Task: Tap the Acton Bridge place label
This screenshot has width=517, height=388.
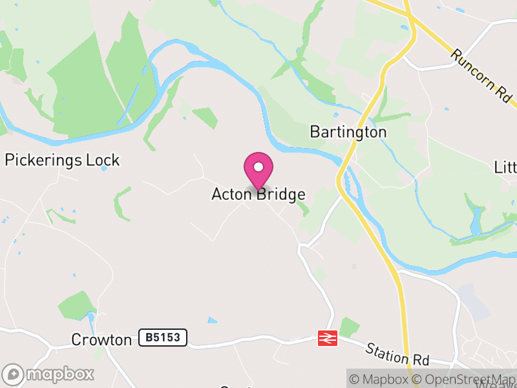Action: pos(258,195)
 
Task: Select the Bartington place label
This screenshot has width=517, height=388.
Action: pos(348,133)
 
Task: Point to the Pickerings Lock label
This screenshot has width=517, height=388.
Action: pos(63,160)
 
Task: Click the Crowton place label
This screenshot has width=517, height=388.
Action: pos(101,339)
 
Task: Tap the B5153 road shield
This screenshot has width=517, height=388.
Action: pos(163,337)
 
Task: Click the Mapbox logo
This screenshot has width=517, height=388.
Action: pos(48,374)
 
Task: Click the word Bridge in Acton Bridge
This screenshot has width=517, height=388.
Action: pos(280,195)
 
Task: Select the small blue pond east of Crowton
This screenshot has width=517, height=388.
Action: pos(213,320)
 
